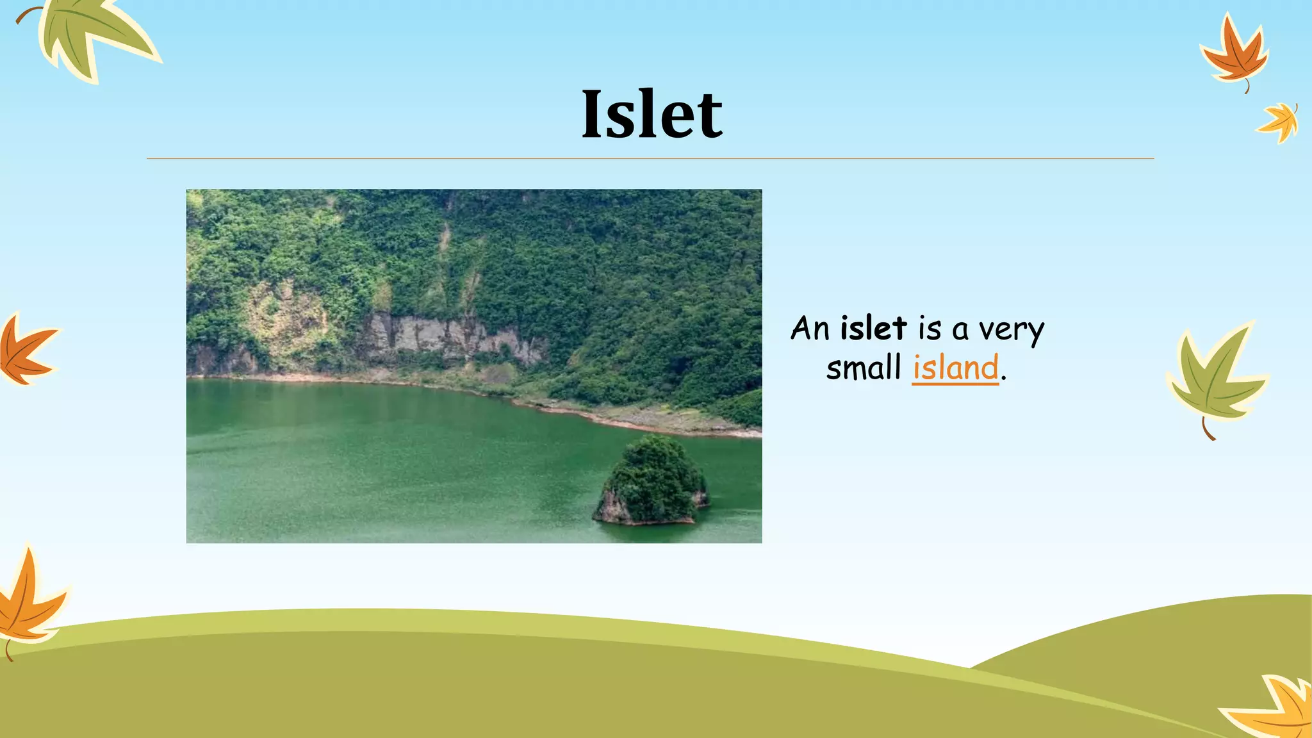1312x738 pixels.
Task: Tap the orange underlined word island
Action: (955, 368)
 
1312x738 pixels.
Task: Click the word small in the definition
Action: (864, 368)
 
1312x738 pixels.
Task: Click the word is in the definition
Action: (930, 329)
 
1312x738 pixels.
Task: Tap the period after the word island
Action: (1003, 379)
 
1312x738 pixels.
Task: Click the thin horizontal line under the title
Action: (650, 158)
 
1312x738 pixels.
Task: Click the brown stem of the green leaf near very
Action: (1207, 430)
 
